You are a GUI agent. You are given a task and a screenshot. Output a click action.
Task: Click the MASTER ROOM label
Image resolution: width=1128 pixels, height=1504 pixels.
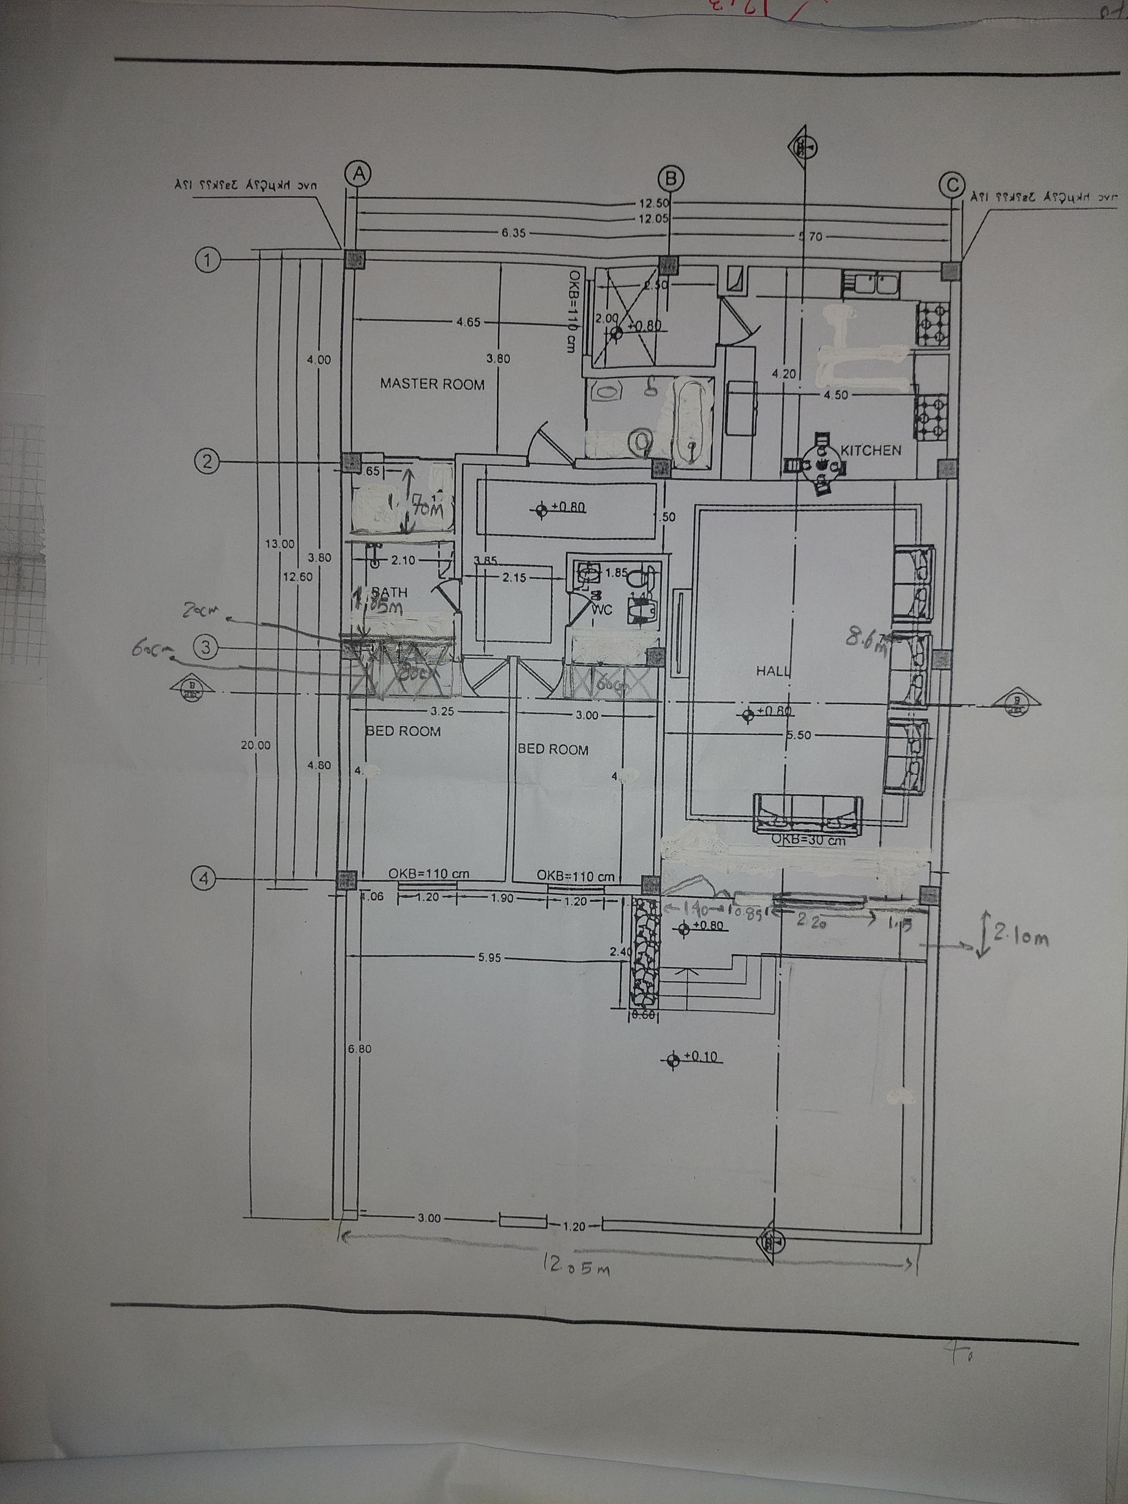(x=432, y=384)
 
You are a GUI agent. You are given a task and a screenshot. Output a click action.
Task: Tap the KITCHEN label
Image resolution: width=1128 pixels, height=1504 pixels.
(x=871, y=450)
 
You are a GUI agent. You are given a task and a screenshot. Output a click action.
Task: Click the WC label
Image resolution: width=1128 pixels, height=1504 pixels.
(x=602, y=610)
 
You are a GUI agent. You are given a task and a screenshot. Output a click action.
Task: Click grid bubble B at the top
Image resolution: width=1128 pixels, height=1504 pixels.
(x=671, y=178)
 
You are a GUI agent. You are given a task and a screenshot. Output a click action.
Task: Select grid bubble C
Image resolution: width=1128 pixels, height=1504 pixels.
(x=952, y=183)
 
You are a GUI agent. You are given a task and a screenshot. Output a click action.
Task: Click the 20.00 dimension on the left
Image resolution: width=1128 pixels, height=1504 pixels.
(x=255, y=745)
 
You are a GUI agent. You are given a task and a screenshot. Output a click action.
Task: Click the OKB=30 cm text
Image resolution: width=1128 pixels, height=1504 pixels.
(x=808, y=840)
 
